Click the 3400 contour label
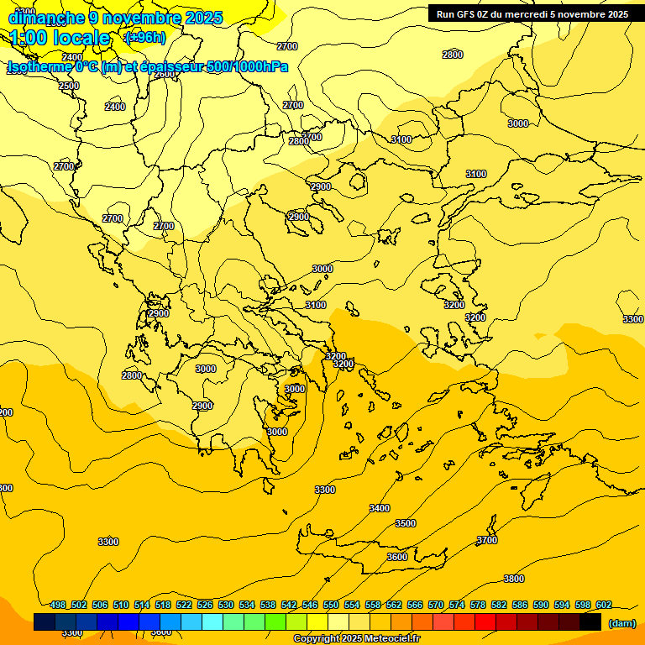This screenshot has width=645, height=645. [380, 508]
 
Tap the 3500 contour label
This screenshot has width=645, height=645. [406, 523]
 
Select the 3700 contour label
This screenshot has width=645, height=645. [487, 540]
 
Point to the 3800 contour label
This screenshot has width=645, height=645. [514, 579]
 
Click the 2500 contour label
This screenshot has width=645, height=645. [69, 86]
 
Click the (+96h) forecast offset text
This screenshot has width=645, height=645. [144, 37]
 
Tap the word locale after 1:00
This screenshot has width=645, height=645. [81, 38]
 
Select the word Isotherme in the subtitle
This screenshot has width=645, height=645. [39, 66]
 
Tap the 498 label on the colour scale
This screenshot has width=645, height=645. [58, 605]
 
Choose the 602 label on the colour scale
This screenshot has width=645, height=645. [604, 605]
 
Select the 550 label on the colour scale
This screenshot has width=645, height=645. [331, 605]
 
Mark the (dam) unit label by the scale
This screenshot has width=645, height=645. [621, 622]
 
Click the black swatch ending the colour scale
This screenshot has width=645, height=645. [590, 621]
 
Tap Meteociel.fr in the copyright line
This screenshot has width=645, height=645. [386, 638]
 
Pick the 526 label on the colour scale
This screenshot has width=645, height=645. [205, 605]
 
